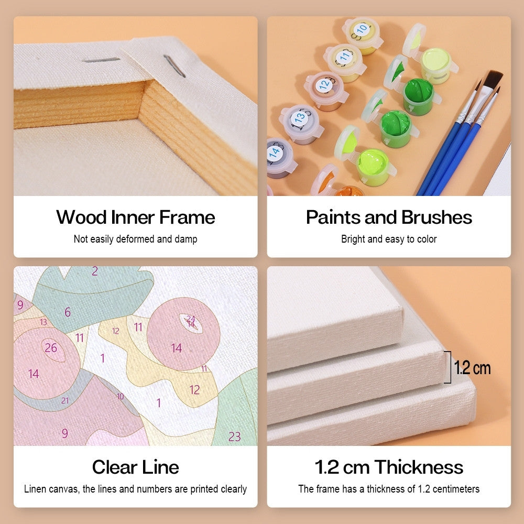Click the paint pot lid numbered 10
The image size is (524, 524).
(361, 30)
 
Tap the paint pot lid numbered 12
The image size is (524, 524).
(324, 85)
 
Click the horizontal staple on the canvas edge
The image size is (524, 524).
(101, 60)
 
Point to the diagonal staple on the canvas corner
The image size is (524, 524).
(174, 66)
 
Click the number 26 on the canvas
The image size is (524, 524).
(51, 348)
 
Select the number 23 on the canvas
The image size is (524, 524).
(234, 436)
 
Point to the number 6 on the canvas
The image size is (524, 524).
(68, 312)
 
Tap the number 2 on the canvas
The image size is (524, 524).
(95, 271)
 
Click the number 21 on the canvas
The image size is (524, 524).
(65, 400)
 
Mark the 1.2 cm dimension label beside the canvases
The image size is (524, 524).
(472, 368)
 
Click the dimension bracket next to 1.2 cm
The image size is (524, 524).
(450, 367)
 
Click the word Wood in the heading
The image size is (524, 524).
(82, 217)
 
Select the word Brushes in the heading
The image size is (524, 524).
(437, 217)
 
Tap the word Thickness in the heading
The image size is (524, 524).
(419, 467)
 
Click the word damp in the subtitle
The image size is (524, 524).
(186, 239)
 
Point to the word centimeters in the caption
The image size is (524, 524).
(456, 489)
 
